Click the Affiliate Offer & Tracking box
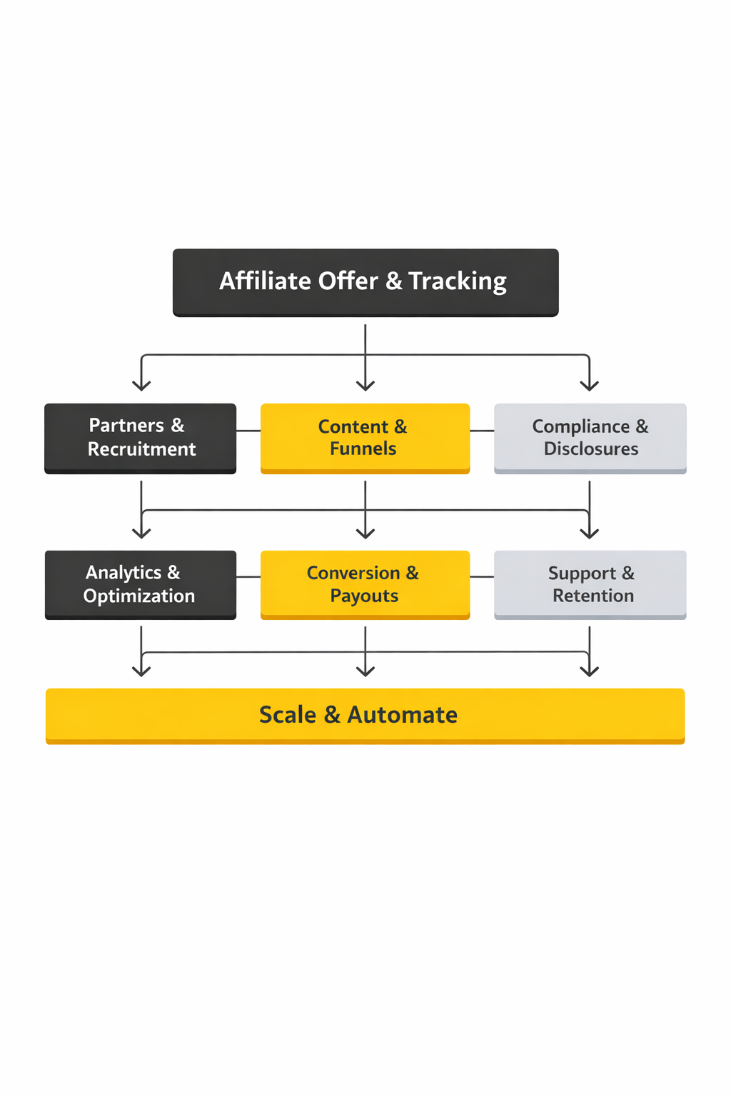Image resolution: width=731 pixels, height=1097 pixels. click(x=365, y=282)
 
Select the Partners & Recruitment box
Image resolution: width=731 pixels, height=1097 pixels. click(x=140, y=438)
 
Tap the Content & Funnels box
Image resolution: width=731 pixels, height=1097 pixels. click(x=365, y=438)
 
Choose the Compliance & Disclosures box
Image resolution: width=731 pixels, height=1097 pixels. click(x=590, y=438)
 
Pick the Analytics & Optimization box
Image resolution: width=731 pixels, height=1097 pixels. click(x=140, y=584)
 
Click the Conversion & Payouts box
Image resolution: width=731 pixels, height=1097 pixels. click(x=365, y=584)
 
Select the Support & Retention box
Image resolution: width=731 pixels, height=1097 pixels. click(x=590, y=584)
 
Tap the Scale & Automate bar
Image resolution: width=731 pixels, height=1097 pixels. click(x=365, y=715)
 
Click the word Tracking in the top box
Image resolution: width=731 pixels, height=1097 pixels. click(x=458, y=281)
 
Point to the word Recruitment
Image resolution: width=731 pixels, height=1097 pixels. click(x=141, y=449)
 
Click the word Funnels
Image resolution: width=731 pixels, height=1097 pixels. click(x=363, y=449)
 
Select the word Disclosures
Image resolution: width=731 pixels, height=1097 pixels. click(x=591, y=449)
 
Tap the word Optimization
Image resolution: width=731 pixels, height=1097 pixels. click(x=139, y=596)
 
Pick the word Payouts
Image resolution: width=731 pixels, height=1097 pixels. click(x=364, y=596)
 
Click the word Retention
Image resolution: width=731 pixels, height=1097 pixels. click(x=593, y=596)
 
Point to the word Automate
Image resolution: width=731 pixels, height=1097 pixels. click(x=403, y=715)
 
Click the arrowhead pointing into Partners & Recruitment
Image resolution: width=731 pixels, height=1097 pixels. click(x=141, y=386)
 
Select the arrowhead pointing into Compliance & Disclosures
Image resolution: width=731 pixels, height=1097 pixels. click(x=590, y=386)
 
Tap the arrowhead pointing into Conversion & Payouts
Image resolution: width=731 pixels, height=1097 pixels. click(x=365, y=533)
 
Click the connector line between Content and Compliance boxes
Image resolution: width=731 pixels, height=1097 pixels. click(x=482, y=431)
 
